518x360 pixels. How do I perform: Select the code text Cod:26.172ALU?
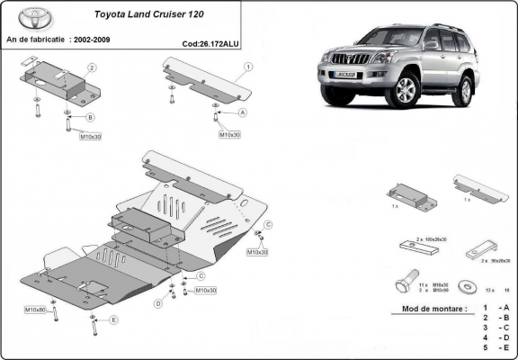click(x=210, y=42)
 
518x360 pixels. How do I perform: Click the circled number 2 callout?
click(x=92, y=67)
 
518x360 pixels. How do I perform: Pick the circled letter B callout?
click(x=90, y=117)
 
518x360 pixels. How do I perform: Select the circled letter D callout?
click(x=158, y=304)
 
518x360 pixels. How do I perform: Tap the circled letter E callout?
click(x=113, y=319)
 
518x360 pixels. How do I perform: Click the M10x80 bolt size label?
click(x=36, y=310)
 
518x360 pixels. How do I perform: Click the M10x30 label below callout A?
click(x=229, y=134)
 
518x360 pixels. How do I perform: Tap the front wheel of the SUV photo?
click(x=406, y=90)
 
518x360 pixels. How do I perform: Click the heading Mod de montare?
click(x=427, y=309)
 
